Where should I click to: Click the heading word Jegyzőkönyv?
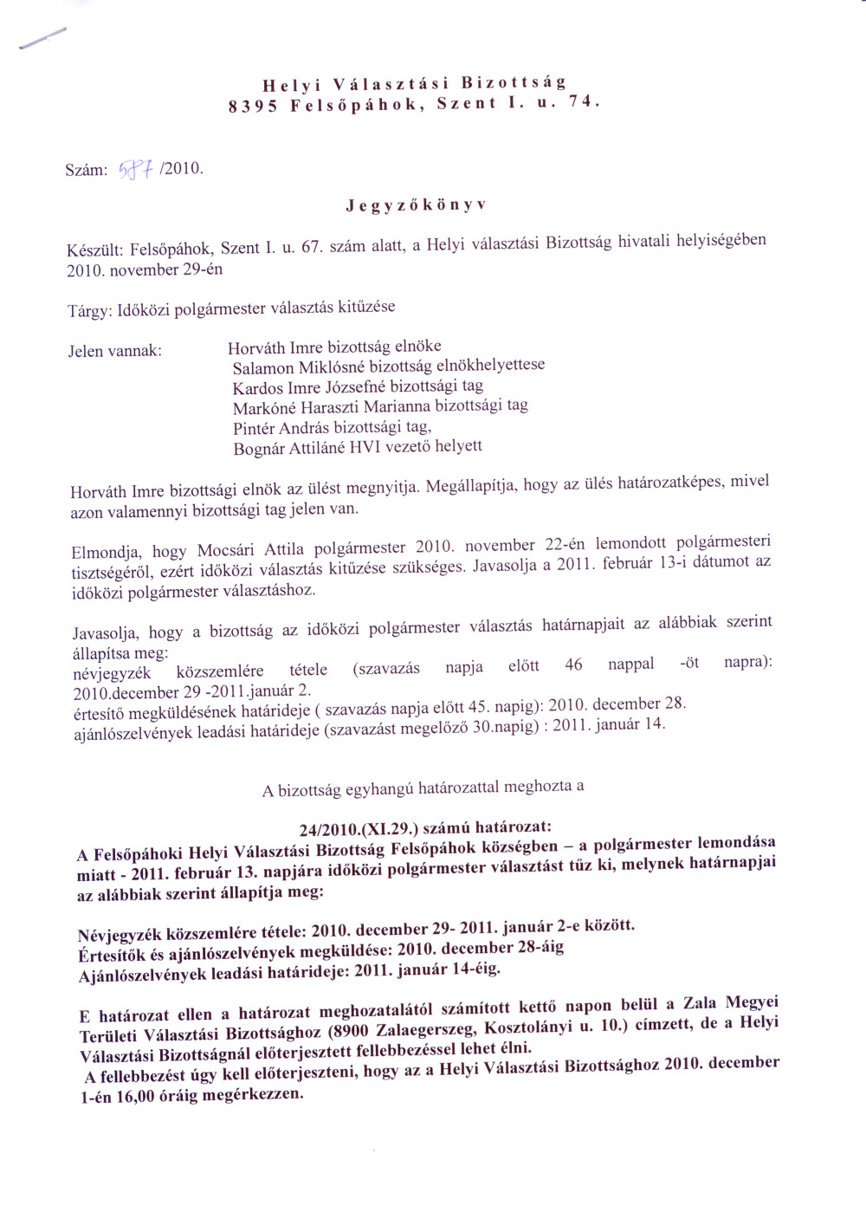click(x=416, y=205)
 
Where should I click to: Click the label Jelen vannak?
click(x=115, y=351)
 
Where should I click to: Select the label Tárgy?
click(x=89, y=312)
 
